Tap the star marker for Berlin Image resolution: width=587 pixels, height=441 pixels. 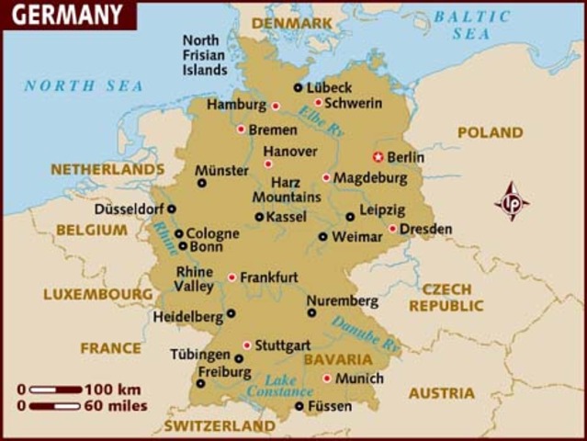click(x=377, y=156)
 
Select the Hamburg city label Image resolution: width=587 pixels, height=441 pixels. click(x=236, y=105)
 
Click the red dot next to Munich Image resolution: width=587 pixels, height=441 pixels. click(x=326, y=378)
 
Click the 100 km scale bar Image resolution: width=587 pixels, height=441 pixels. click(x=55, y=390)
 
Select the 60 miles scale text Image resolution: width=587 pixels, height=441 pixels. click(x=115, y=405)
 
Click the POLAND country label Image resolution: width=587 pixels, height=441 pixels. click(x=490, y=133)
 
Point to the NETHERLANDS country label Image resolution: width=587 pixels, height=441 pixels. click(x=107, y=170)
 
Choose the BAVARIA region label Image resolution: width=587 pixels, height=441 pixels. click(x=338, y=359)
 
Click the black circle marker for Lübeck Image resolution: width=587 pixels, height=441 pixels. click(x=298, y=87)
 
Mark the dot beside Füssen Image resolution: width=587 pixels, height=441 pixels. click(x=299, y=405)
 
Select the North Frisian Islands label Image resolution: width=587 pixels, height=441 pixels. click(x=205, y=55)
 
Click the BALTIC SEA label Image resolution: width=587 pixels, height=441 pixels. click(x=471, y=25)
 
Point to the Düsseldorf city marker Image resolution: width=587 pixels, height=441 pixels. click(x=171, y=209)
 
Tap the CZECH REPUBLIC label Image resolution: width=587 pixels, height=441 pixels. click(x=446, y=297)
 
